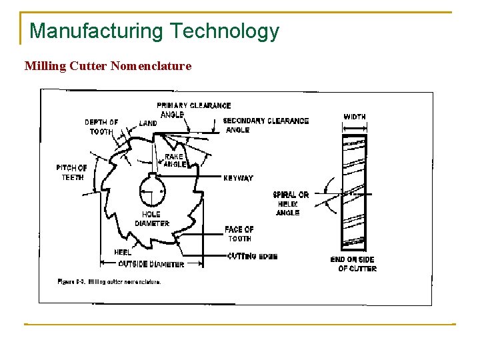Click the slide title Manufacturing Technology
click(x=154, y=31)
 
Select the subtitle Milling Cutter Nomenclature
click(x=107, y=66)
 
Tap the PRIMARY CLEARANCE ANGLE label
click(x=193, y=110)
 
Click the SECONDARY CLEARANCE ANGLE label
click(x=265, y=125)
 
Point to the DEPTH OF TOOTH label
click(x=101, y=127)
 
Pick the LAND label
click(x=148, y=123)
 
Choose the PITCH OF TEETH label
click(x=71, y=173)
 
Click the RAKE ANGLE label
click(x=175, y=161)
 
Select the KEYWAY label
click(x=238, y=178)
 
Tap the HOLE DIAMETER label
click(x=152, y=219)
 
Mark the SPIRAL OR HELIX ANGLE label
click(x=291, y=203)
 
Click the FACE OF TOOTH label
click(x=239, y=234)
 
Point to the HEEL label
click(x=122, y=252)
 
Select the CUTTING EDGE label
click(x=252, y=256)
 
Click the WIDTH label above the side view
click(x=354, y=117)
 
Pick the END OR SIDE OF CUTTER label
click(x=353, y=264)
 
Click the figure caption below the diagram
click(x=109, y=282)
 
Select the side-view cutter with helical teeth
click(x=353, y=191)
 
